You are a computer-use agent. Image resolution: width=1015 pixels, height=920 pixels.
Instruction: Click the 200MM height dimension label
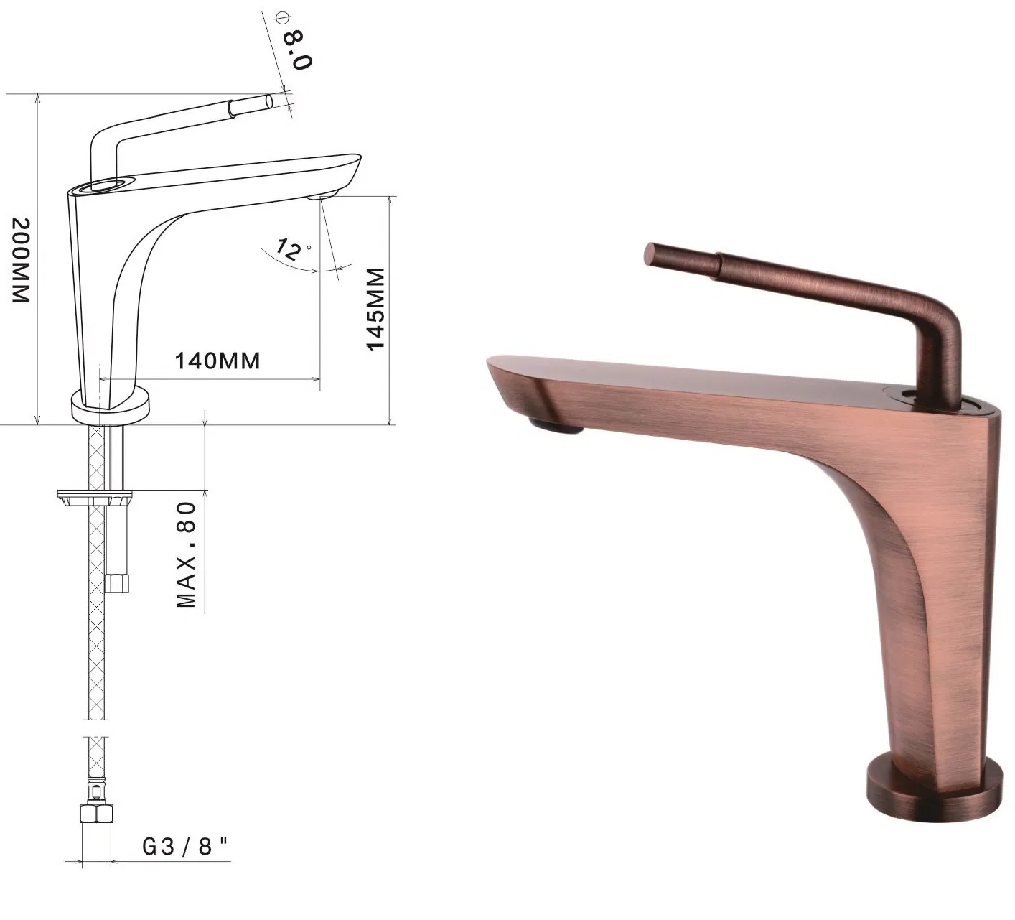[19, 260]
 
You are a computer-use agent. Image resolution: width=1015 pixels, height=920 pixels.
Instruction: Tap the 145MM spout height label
[375, 310]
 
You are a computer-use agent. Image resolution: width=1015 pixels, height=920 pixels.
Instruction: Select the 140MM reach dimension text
[217, 360]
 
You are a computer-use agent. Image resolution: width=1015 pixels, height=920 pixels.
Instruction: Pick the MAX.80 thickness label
[187, 555]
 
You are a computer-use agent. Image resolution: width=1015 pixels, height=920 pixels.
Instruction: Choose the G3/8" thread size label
[185, 847]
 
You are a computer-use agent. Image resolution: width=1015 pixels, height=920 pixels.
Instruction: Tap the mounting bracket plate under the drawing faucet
[95, 496]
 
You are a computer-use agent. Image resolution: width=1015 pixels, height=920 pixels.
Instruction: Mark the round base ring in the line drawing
[111, 406]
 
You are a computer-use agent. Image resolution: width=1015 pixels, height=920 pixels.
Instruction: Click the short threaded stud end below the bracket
[116, 582]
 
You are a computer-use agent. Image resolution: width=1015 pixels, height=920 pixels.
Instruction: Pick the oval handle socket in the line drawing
[105, 185]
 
